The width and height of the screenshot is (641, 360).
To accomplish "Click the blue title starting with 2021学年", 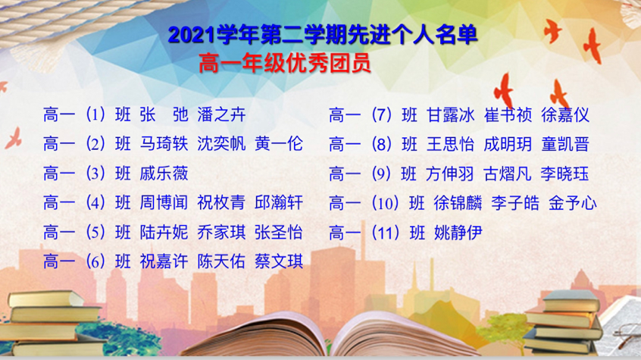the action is pyautogui.click(x=323, y=35).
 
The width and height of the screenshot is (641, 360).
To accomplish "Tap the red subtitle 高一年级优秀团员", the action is pyautogui.click(x=285, y=64).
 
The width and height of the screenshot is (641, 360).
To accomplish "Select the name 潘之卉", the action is pyautogui.click(x=221, y=114).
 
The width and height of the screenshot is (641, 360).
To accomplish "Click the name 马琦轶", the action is pyautogui.click(x=164, y=144).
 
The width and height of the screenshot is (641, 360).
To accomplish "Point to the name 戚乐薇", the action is pyautogui.click(x=164, y=174).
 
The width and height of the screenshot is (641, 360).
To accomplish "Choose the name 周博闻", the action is pyautogui.click(x=164, y=203).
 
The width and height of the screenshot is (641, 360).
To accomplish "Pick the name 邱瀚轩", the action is pyautogui.click(x=279, y=203).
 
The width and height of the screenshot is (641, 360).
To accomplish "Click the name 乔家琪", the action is pyautogui.click(x=221, y=233).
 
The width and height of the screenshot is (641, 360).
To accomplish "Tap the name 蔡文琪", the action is pyautogui.click(x=279, y=261).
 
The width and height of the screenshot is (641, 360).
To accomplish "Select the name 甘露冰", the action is pyautogui.click(x=451, y=115).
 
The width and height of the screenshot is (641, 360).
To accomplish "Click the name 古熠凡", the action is pyautogui.click(x=508, y=174).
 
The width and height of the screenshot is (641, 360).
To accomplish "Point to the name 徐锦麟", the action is pyautogui.click(x=458, y=203).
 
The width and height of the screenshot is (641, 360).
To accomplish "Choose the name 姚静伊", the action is pyautogui.click(x=458, y=233).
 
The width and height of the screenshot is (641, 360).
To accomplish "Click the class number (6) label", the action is pyautogui.click(x=95, y=261).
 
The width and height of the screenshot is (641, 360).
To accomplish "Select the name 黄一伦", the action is pyautogui.click(x=279, y=144).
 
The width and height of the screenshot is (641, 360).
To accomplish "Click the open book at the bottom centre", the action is pyautogui.click(x=327, y=336).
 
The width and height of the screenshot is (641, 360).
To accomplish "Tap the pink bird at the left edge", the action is pyautogui.click(x=14, y=138).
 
